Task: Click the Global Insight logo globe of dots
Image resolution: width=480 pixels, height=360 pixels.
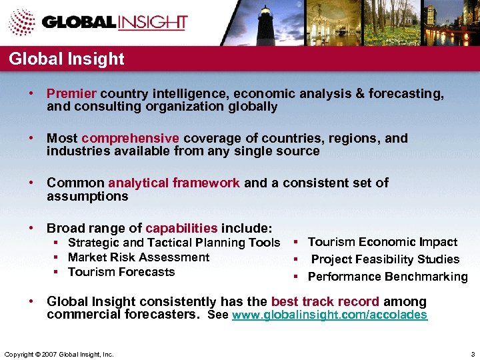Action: [22, 22]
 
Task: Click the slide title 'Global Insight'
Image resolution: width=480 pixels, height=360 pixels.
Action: [67, 59]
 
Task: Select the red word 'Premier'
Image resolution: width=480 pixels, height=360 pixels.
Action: [71, 94]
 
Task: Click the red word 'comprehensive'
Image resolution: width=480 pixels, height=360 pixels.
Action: [131, 139]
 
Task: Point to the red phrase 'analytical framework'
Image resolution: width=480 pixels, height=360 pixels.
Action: [174, 183]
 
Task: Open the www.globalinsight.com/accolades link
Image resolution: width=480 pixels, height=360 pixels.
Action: [329, 315]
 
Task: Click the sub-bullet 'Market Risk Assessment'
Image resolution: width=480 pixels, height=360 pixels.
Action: [139, 257]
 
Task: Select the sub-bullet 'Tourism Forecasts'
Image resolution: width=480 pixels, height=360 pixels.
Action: [121, 272]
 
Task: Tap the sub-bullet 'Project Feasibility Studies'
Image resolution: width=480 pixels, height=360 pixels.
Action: [385, 259]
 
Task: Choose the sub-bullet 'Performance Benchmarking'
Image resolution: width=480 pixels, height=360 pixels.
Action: [388, 277]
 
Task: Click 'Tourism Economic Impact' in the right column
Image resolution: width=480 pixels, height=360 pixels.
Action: [383, 242]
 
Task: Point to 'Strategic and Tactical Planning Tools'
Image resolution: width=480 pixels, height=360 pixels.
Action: [174, 243]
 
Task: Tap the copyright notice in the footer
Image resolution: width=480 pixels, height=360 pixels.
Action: [59, 353]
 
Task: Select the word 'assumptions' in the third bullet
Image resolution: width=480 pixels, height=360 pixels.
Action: [87, 197]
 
